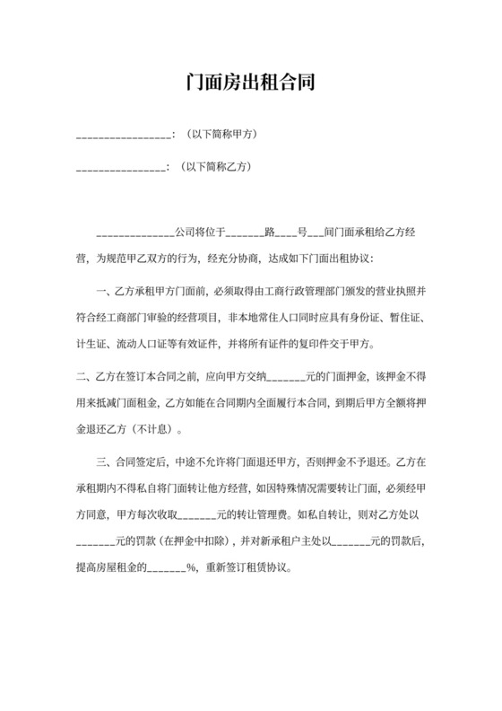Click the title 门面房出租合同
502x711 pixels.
[x=250, y=83]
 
